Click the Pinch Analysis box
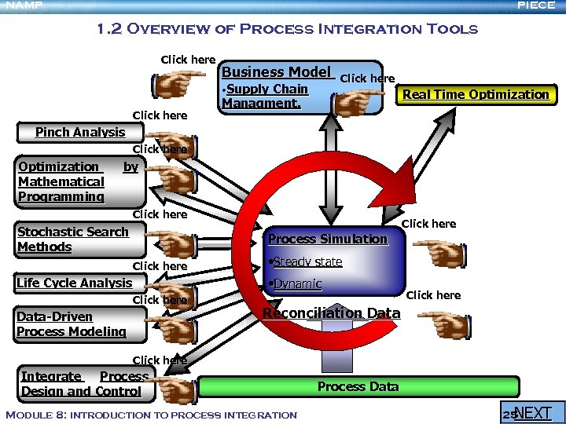click(80, 132)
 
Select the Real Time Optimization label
click(475, 94)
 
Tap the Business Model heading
click(276, 72)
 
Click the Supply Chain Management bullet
click(265, 96)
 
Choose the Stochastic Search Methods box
click(73, 239)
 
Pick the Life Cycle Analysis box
click(75, 283)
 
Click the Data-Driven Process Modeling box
click(72, 324)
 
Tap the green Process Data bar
click(358, 386)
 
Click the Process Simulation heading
click(328, 239)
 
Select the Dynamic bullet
click(296, 284)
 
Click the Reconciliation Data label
click(331, 313)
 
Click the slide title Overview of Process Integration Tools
click(287, 30)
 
